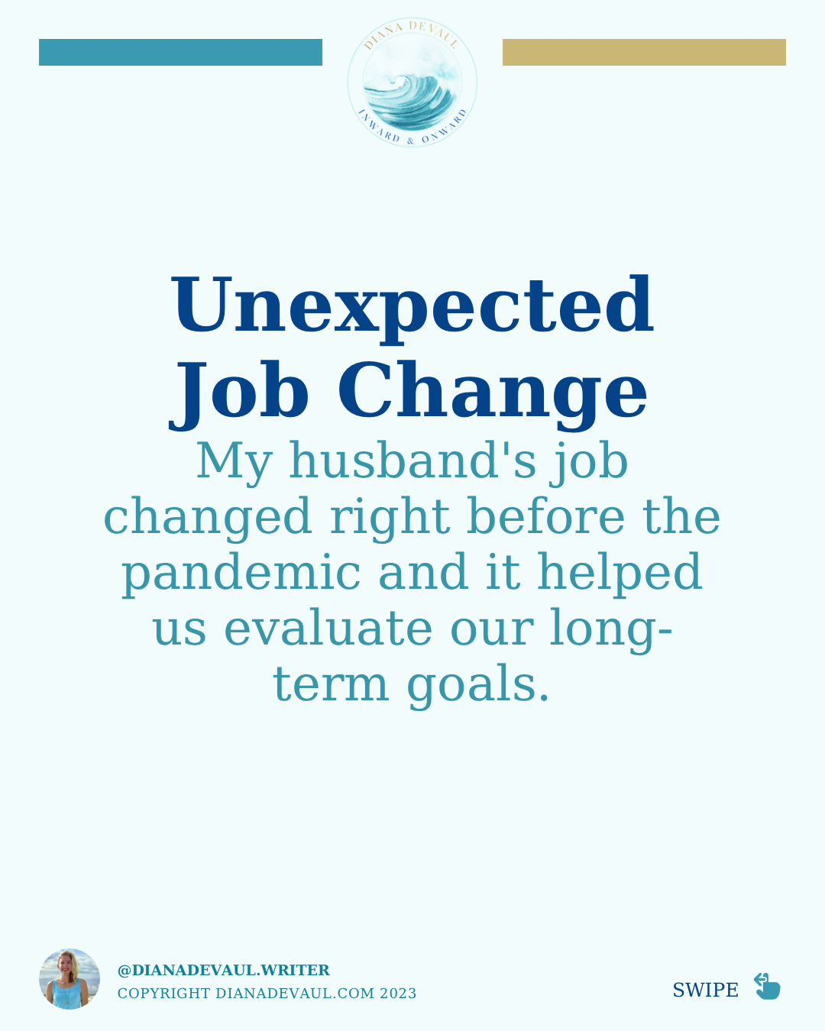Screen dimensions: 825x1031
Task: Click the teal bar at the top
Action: click(180, 52)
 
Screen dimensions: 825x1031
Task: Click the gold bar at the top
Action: click(644, 52)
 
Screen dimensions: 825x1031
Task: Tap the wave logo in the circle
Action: click(412, 82)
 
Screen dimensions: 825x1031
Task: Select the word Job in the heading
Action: click(238, 396)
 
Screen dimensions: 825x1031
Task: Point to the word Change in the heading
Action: click(493, 396)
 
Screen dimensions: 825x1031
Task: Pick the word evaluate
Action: click(328, 628)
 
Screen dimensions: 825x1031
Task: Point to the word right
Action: click(390, 519)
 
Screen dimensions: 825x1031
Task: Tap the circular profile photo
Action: click(70, 979)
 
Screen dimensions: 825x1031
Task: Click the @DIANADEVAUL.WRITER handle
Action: click(223, 970)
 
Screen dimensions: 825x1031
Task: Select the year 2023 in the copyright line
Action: click(398, 993)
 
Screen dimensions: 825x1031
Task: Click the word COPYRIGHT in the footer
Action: click(164, 993)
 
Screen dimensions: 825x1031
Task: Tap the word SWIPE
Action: click(705, 991)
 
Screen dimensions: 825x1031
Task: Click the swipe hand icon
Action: click(767, 986)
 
